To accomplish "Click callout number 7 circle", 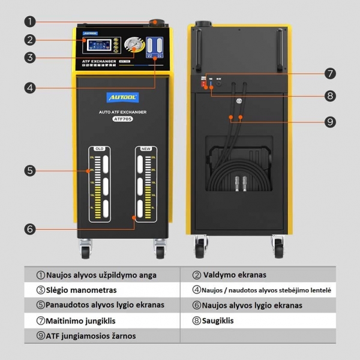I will tap(329, 74).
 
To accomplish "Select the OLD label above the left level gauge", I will tap(99, 148).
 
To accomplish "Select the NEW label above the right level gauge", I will tap(145, 148).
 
